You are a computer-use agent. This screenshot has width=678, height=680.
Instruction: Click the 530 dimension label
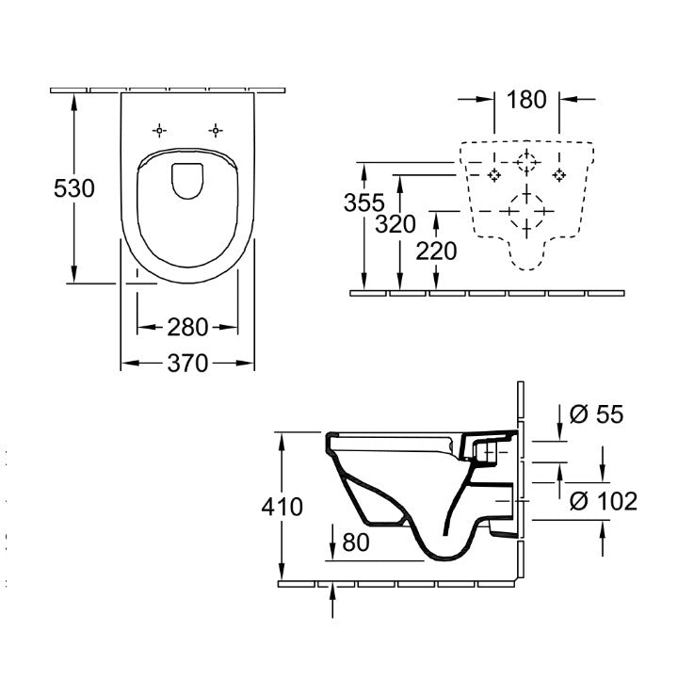tap(73, 189)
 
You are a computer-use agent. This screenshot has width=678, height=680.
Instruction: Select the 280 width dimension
tap(187, 328)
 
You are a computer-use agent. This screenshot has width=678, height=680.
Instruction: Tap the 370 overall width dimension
tap(187, 364)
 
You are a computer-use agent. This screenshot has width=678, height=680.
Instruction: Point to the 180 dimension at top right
tap(525, 99)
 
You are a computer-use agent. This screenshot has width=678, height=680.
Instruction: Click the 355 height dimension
tap(363, 202)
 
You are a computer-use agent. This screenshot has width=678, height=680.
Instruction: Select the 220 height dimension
tap(435, 251)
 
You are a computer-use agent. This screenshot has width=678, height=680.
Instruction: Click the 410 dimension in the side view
tap(282, 508)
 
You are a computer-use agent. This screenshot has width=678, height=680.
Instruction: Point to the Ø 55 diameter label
tap(597, 414)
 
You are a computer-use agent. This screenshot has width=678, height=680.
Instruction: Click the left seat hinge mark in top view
tap(159, 129)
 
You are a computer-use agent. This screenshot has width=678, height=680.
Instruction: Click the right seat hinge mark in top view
tap(218, 129)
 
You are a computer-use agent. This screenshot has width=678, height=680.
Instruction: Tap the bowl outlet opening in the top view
tap(188, 180)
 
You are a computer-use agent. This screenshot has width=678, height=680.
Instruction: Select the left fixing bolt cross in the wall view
tap(493, 174)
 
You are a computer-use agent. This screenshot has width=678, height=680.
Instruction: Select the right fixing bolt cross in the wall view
tap(559, 174)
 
